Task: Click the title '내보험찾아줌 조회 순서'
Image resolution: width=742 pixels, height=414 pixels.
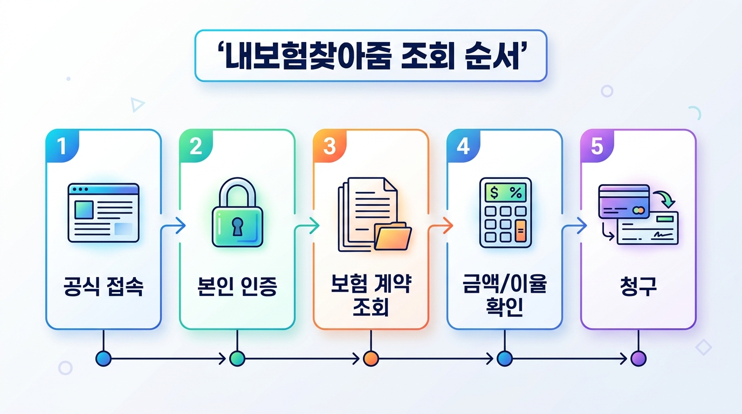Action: pos(370,56)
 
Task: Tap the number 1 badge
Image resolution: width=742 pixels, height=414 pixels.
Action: pos(62,146)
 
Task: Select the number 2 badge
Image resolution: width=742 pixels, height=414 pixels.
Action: pos(196,146)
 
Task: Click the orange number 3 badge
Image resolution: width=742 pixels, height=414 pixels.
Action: pos(329,146)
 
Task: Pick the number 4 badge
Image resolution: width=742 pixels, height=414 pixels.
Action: pos(463,146)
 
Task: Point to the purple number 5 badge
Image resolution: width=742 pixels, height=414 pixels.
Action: pos(597,146)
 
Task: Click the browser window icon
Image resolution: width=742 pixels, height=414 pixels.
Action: pos(104,212)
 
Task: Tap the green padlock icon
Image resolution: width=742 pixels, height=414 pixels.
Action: pos(237,212)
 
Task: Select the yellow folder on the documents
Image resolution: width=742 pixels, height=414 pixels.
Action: pos(393,236)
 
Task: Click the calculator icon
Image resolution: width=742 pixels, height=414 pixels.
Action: pos(505,212)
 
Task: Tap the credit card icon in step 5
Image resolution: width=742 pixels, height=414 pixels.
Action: pos(624,202)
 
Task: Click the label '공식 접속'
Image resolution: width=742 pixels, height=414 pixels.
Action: pos(104,286)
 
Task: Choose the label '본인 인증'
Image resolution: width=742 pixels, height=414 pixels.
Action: pos(237,286)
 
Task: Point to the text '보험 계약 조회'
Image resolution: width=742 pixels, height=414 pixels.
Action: pos(371,295)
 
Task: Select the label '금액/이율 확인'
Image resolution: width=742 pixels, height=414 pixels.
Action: pos(505,295)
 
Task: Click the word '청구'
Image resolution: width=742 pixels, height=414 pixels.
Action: pos(638,286)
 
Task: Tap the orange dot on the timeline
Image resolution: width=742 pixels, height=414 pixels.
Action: pos(371,358)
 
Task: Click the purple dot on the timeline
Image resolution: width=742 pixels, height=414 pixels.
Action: pos(638,358)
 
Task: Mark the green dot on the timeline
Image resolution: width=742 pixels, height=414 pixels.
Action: pos(237,358)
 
